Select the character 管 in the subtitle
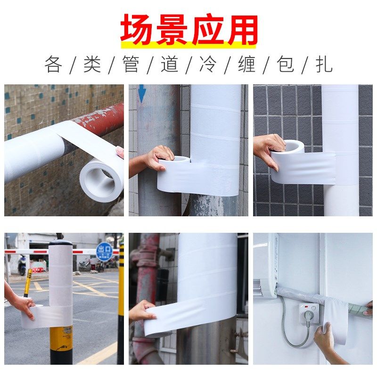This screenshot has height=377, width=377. pos(131,64)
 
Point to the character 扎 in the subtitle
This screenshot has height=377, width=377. pos(324,64)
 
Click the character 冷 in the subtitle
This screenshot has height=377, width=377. pos(208,64)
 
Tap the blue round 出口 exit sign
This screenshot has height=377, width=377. pos(104,251)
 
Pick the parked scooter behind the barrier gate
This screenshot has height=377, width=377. pos(22,266)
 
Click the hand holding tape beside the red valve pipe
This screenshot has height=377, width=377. pos(142,311)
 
